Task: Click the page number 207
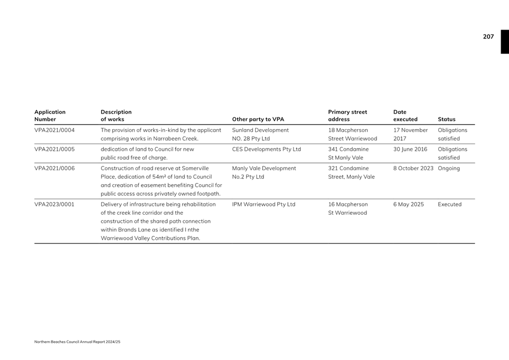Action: click(488, 37)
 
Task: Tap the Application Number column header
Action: click(50, 115)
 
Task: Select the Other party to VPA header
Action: click(258, 119)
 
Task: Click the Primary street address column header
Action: click(348, 115)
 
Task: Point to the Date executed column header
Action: click(405, 115)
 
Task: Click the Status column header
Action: click(446, 119)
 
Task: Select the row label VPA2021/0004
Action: click(55, 130)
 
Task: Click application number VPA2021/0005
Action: click(55, 149)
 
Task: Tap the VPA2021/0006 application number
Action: click(55, 168)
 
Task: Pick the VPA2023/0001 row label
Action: click(55, 204)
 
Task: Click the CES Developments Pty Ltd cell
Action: click(266, 149)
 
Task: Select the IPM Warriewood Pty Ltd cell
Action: click(263, 204)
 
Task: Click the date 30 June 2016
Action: click(410, 149)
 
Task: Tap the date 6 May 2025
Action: click(408, 204)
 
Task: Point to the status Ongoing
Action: click(449, 168)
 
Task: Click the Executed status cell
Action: click(449, 204)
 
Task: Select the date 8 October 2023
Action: click(413, 168)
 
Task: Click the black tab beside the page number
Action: click(505, 42)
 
